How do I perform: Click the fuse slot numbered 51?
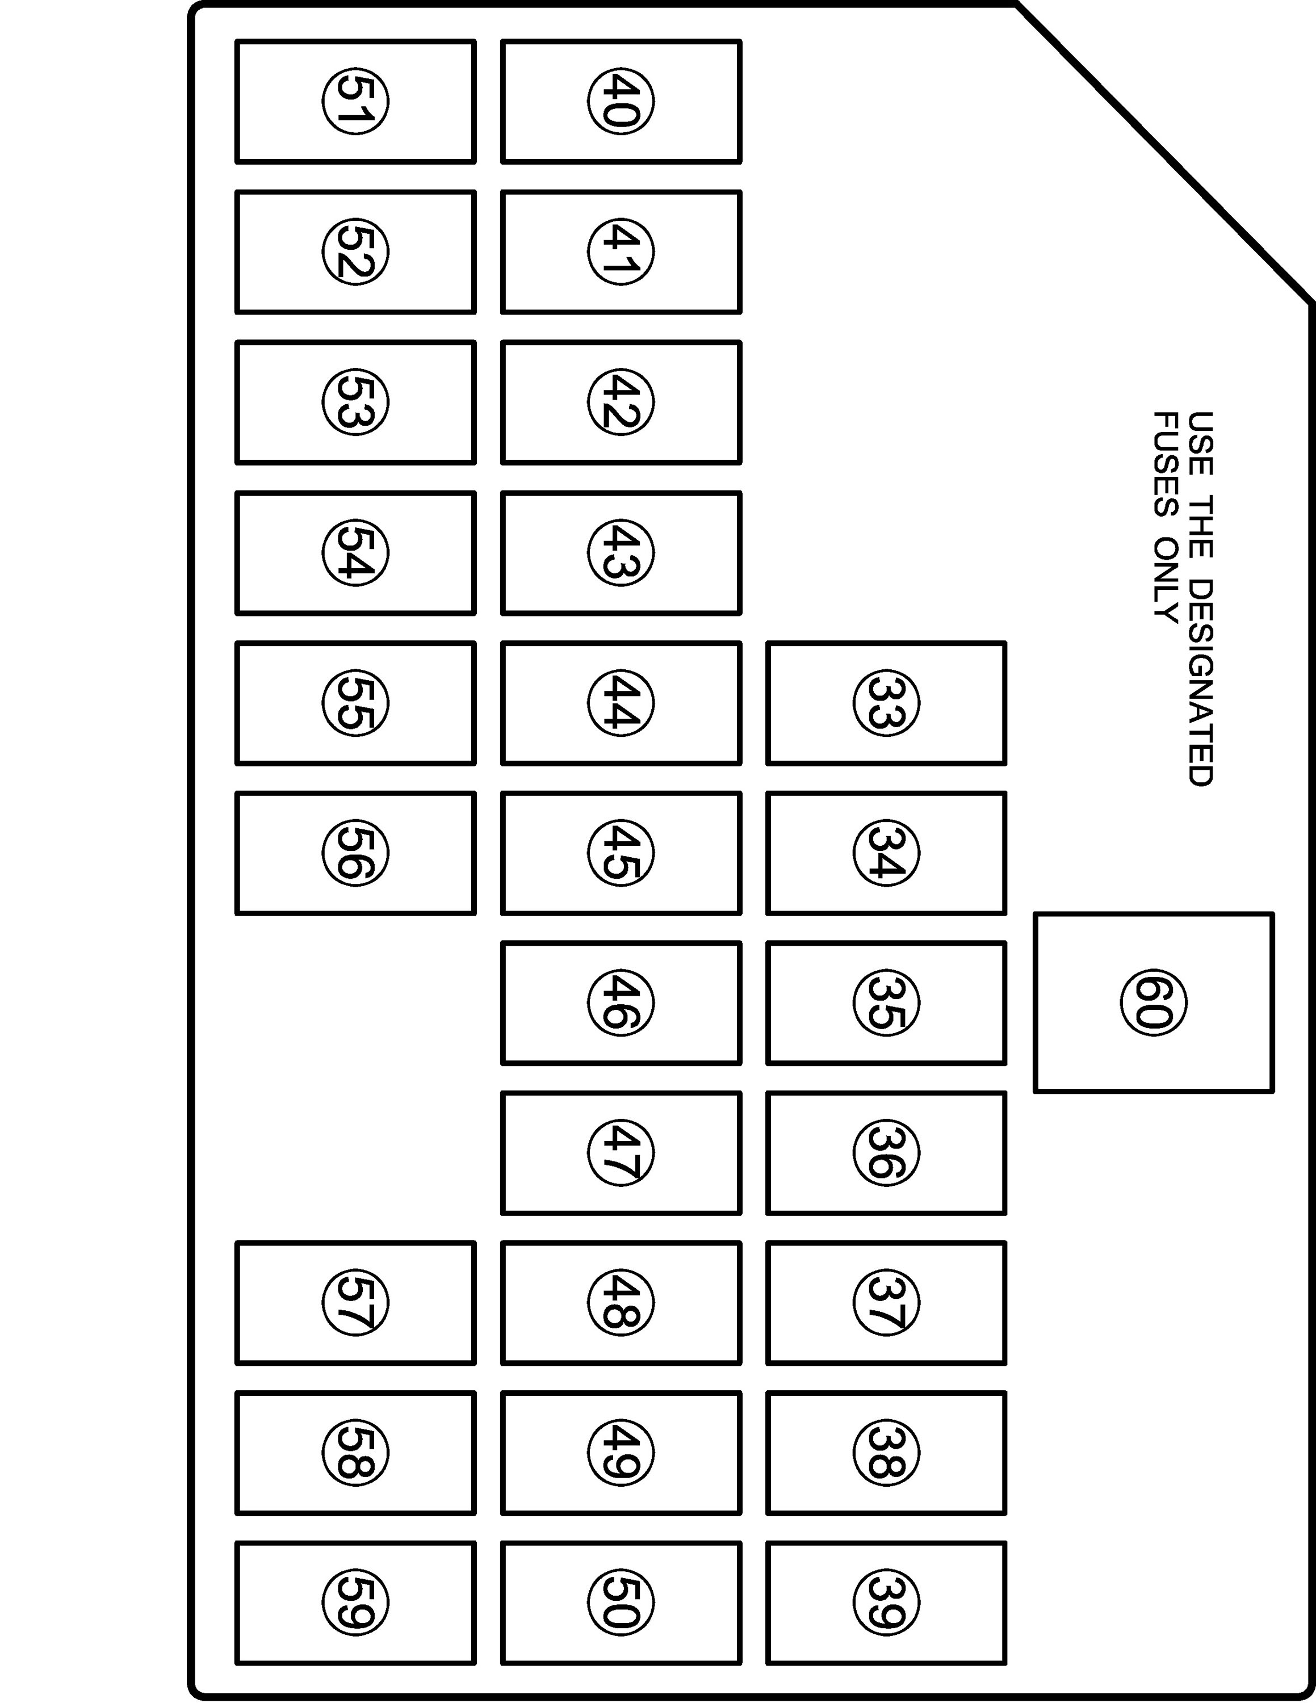[355, 102]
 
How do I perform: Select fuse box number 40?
[621, 102]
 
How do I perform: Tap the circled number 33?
[886, 703]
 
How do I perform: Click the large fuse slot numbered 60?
[1153, 1002]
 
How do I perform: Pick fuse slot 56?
[355, 853]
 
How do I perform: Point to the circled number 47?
[621, 1153]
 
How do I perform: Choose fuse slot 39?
[886, 1603]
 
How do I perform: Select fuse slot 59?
[355, 1603]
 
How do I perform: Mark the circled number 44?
[621, 703]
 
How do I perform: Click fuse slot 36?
[886, 1153]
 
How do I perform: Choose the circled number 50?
[621, 1603]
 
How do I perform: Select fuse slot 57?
[355, 1303]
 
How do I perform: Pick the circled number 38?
[886, 1453]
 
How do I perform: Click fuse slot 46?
[621, 1002]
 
